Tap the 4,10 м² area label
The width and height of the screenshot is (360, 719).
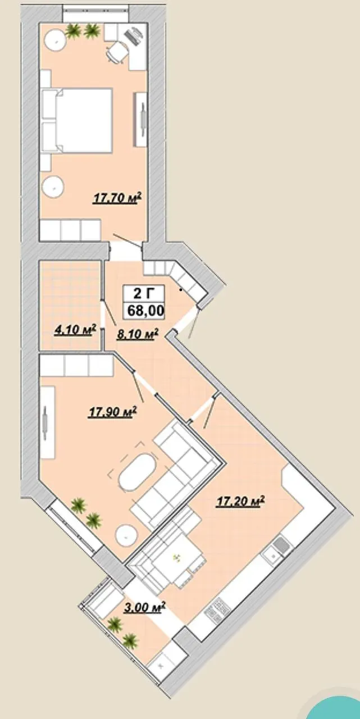(76, 330)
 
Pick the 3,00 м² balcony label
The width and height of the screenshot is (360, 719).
(144, 607)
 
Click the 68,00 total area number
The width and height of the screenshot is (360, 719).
(146, 311)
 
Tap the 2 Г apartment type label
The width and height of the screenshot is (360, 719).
(144, 293)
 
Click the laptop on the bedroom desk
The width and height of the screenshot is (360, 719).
(133, 37)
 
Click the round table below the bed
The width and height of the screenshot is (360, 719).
(53, 187)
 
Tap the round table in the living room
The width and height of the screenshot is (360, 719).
(127, 535)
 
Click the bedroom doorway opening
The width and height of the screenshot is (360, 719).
(125, 251)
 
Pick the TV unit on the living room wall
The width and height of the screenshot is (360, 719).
(48, 423)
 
